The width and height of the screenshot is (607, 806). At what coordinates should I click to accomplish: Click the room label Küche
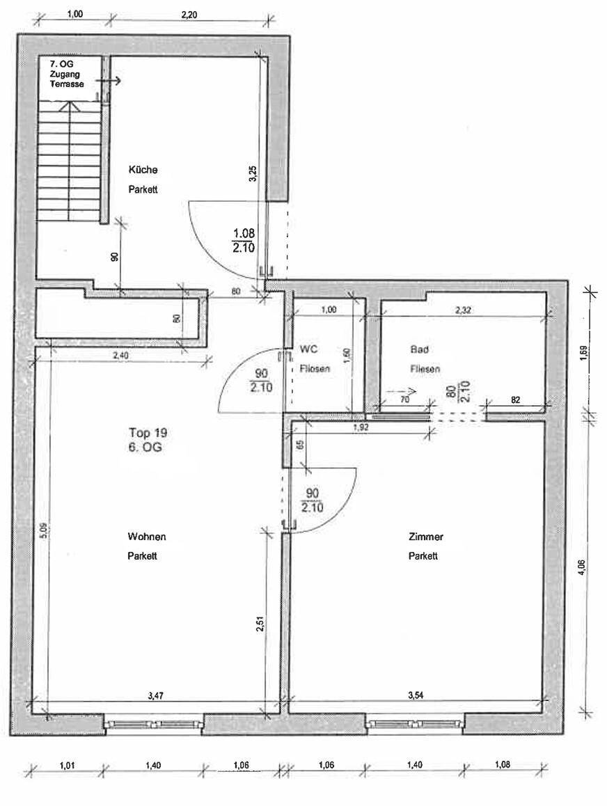coord(143,170)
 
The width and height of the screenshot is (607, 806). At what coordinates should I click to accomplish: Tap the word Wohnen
coord(146,537)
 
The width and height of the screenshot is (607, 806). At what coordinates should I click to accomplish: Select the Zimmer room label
coord(426,537)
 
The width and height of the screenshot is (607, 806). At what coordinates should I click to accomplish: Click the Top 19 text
coord(148,432)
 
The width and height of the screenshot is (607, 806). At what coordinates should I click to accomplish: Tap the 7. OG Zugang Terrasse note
coord(66,74)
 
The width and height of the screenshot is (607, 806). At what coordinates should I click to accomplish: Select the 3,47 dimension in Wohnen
coord(156,694)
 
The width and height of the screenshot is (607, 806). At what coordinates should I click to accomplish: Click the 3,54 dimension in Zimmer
coord(416,694)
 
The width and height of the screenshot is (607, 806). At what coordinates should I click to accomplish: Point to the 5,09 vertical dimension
coord(42,532)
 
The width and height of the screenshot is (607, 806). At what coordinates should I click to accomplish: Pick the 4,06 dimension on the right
coord(582,568)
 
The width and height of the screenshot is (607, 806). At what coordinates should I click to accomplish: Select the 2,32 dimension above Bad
coord(463,310)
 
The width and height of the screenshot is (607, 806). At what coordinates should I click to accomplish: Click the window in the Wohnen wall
coord(154,724)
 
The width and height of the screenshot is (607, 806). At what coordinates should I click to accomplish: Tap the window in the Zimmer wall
coord(415,724)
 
